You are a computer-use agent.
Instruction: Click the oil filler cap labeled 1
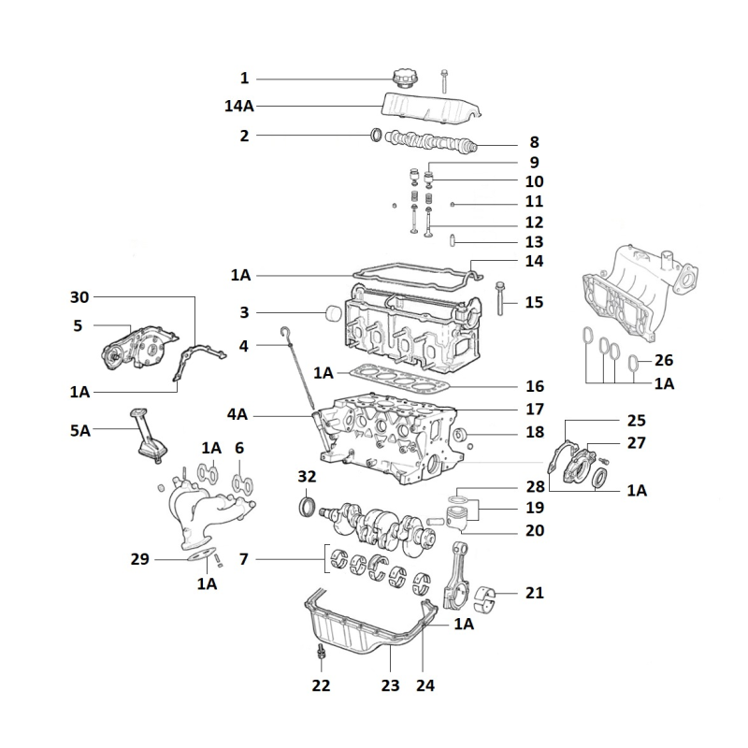coord(408,79)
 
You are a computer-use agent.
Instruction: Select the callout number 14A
coord(239,107)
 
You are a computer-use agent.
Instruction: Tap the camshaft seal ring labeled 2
coord(377,137)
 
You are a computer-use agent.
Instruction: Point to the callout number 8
coord(534,143)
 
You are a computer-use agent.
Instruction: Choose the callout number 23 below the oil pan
coord(390,685)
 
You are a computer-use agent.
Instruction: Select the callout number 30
coord(80,297)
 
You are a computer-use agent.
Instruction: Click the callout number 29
coord(140,559)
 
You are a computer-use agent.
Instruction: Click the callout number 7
coord(243,559)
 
